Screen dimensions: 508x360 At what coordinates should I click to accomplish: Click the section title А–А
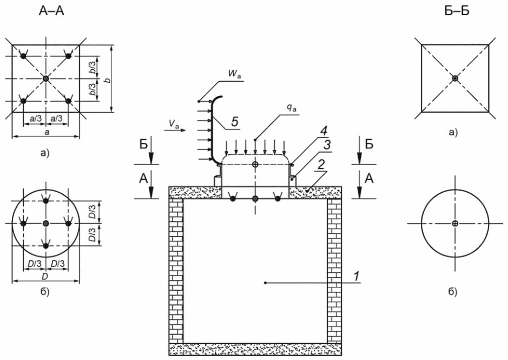51,11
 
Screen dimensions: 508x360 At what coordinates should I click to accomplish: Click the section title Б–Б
457,11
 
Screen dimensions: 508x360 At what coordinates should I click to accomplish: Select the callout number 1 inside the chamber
357,276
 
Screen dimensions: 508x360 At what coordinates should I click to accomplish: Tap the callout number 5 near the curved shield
235,122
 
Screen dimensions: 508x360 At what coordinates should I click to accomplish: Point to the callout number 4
324,132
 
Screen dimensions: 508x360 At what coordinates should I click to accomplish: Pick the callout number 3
327,145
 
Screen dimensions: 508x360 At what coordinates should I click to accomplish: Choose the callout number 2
321,165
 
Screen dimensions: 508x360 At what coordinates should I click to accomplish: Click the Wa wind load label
235,73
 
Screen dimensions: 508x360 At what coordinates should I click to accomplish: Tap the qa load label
292,109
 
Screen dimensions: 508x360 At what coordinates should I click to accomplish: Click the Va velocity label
174,123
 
